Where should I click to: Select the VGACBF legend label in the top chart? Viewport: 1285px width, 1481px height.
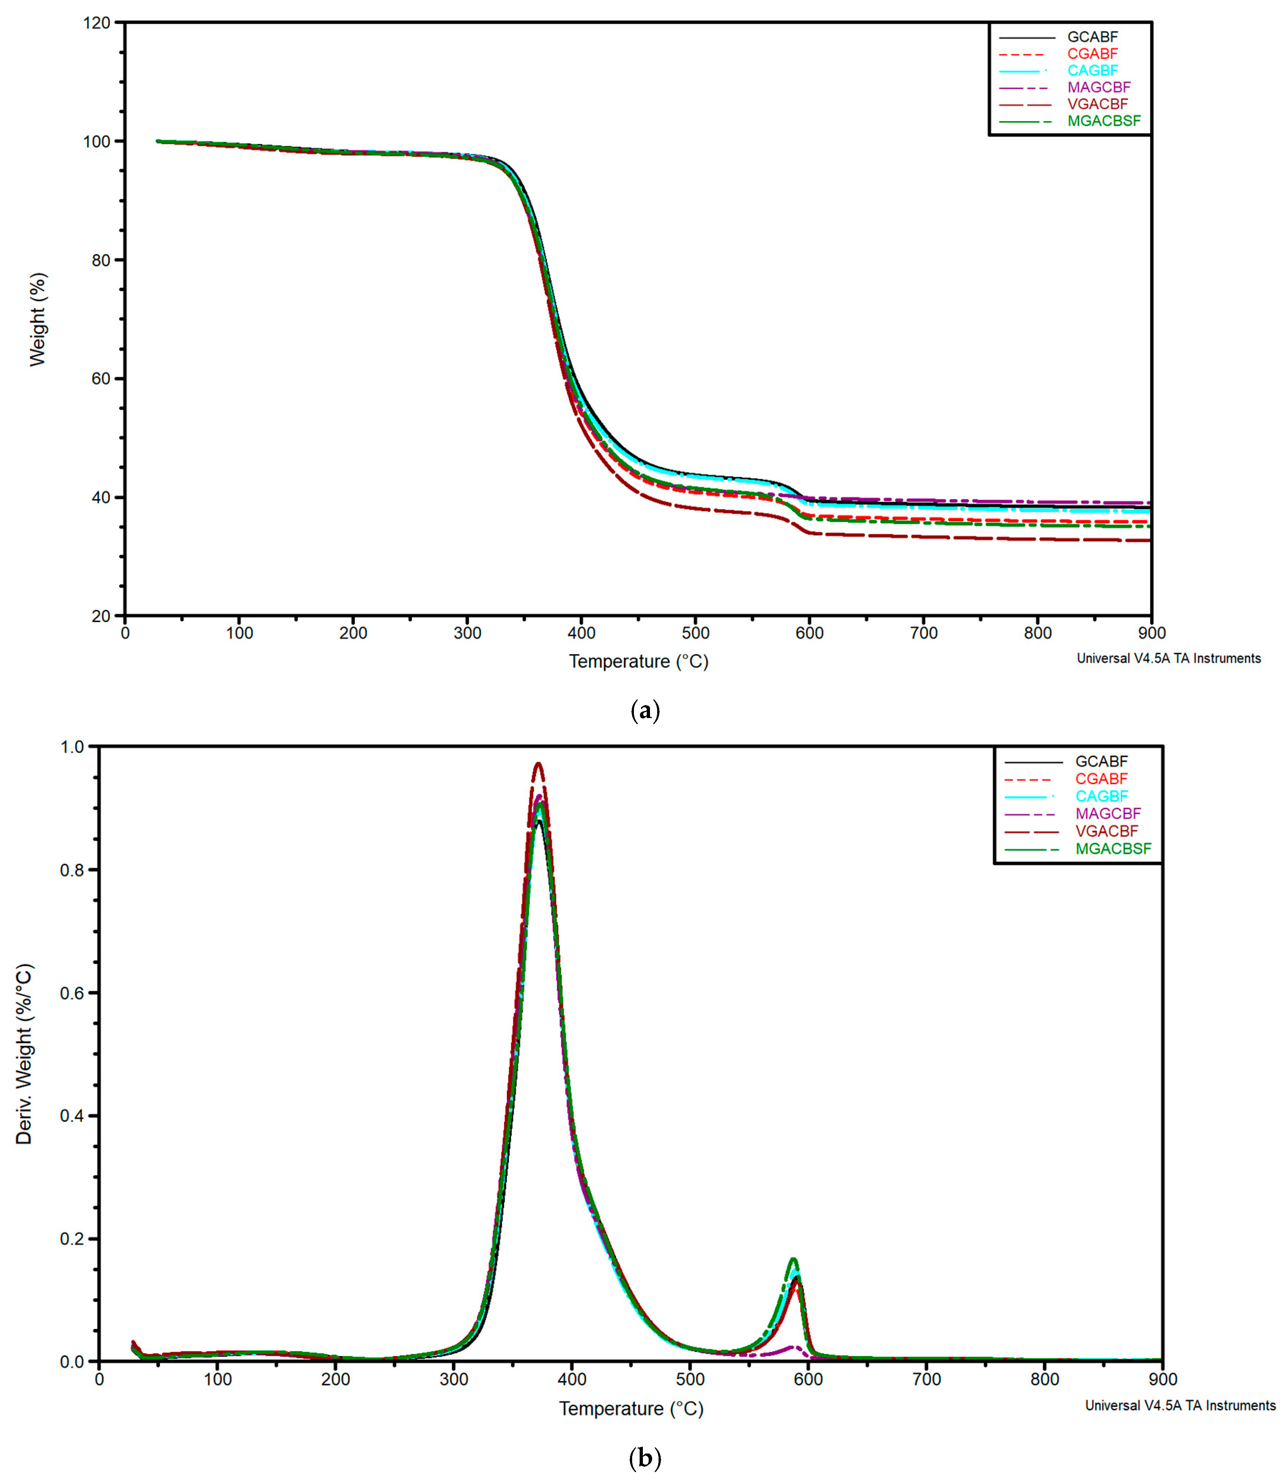coord(1097,104)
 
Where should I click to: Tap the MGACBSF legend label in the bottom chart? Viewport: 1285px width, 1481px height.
coord(1113,849)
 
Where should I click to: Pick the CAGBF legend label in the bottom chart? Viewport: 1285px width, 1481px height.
coord(1102,797)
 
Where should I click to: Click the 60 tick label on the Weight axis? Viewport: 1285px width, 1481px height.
coord(100,379)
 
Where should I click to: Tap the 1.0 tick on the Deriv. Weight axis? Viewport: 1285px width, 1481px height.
coord(72,747)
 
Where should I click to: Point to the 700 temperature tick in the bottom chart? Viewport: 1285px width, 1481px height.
coord(927,1379)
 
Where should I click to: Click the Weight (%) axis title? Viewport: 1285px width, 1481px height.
coord(37,320)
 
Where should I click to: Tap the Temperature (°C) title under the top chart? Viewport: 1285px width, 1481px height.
coord(638,661)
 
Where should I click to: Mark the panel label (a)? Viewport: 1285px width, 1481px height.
coord(644,711)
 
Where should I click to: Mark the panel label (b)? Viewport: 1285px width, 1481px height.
coord(644,1458)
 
